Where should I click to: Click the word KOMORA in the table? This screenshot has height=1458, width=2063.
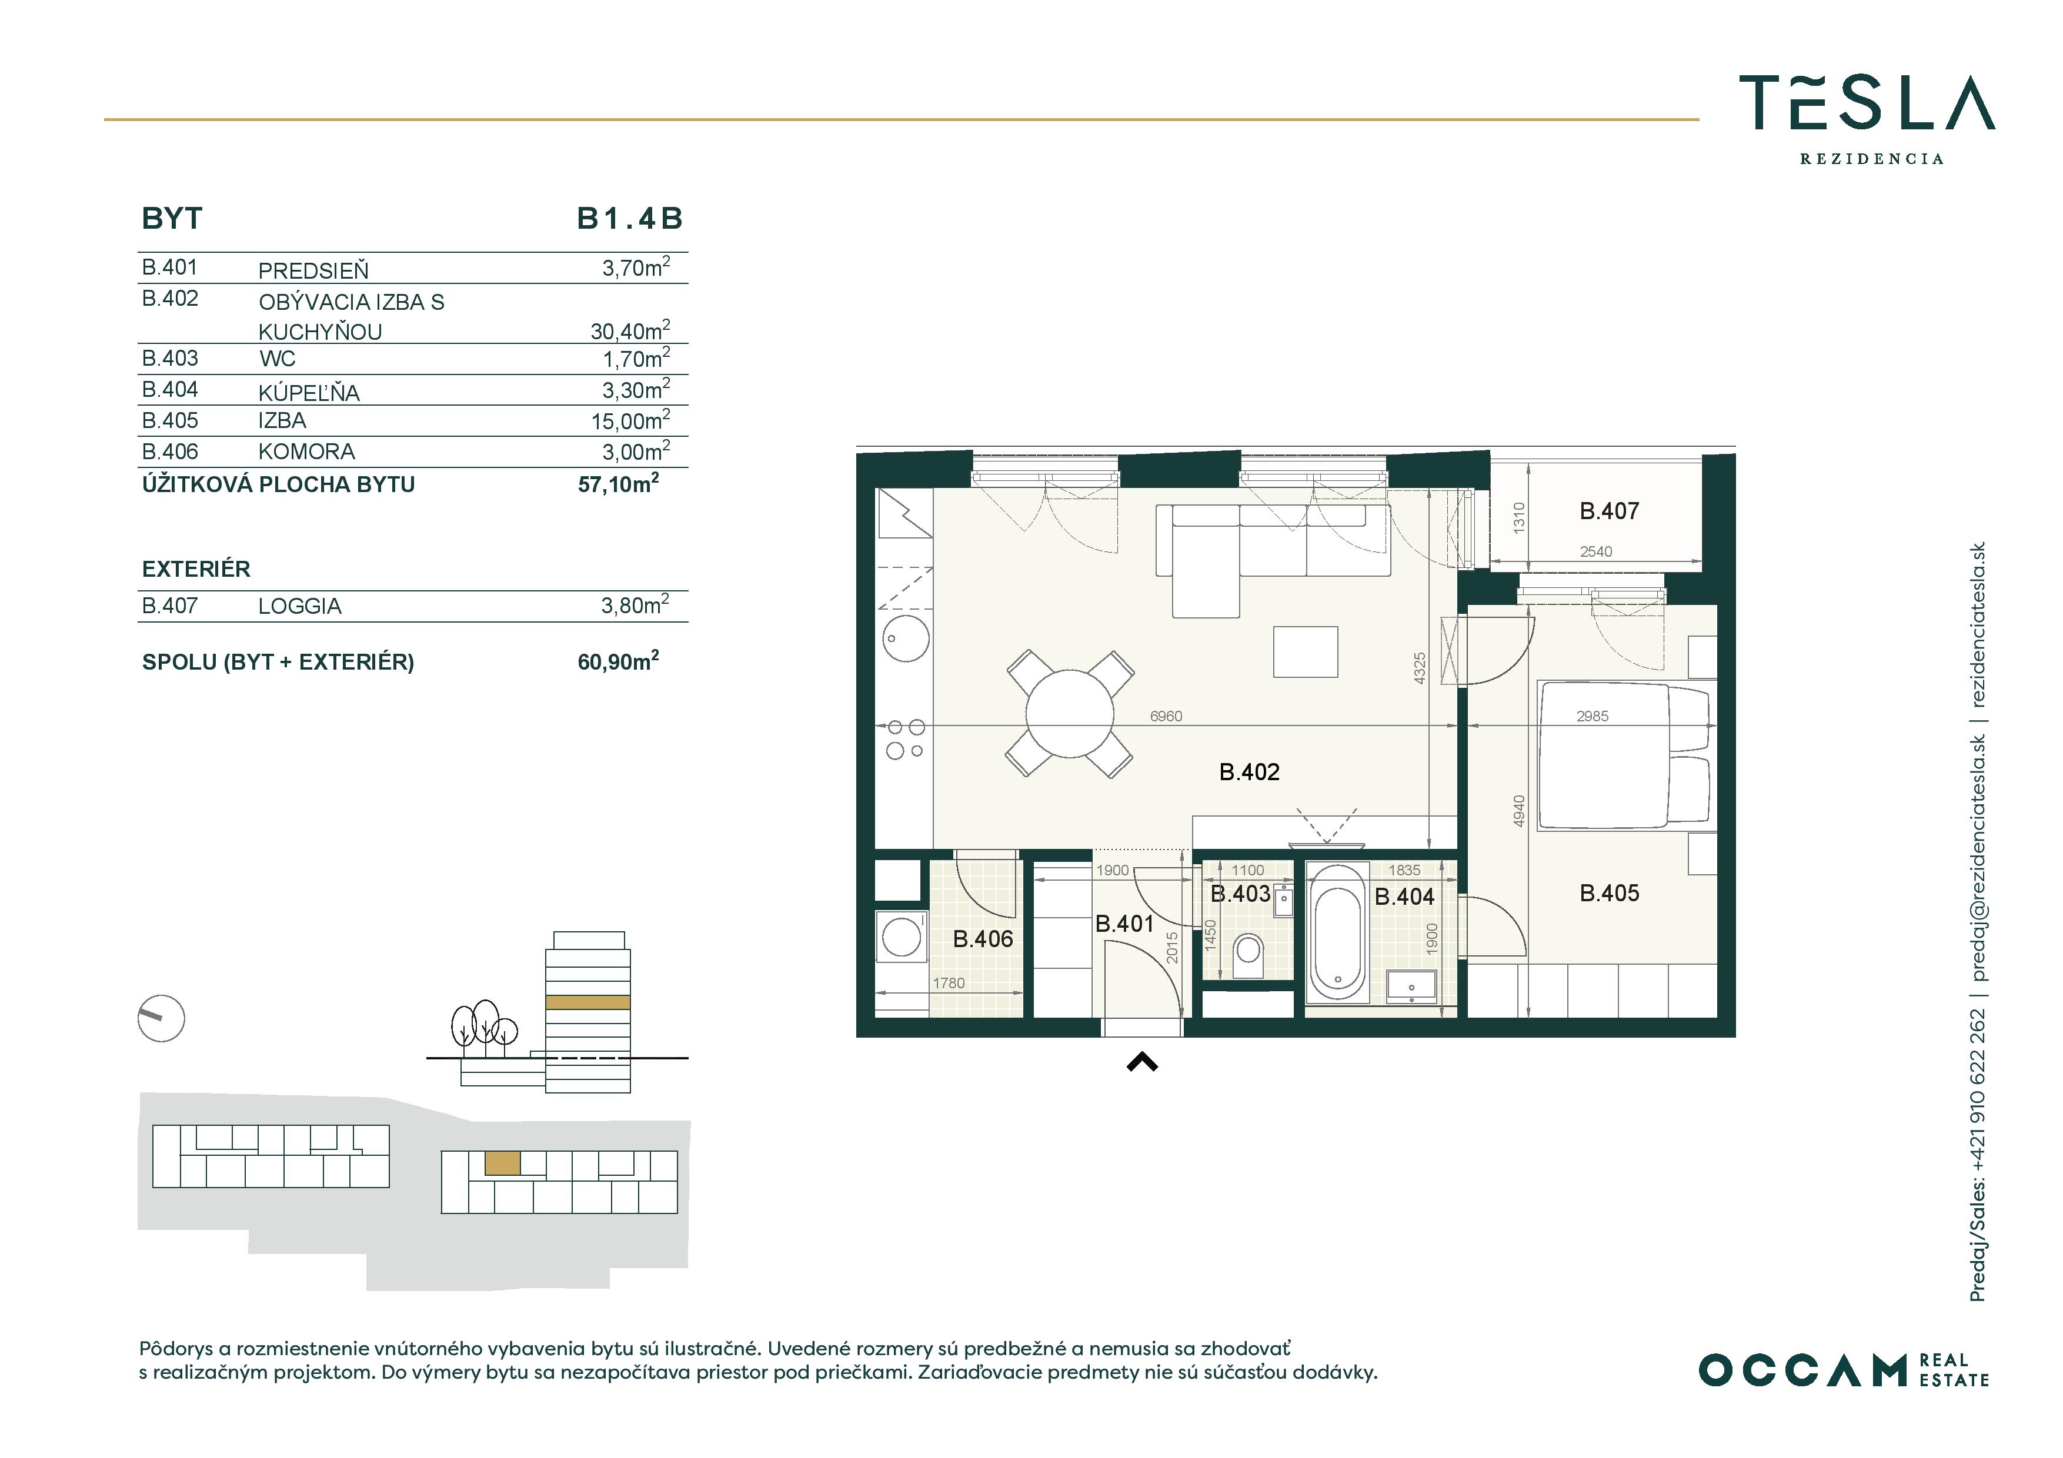[306, 452]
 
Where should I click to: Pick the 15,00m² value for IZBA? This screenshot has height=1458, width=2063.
[630, 420]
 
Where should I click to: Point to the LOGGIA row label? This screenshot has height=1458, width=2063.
[299, 606]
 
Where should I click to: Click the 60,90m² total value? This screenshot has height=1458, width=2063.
[618, 661]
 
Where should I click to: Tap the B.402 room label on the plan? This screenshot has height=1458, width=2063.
[1249, 772]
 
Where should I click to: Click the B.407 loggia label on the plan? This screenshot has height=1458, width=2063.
[1609, 511]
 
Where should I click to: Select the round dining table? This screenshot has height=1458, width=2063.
[1069, 713]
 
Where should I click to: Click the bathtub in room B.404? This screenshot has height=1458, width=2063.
[1337, 932]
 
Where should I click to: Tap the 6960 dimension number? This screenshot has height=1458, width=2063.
[1166, 716]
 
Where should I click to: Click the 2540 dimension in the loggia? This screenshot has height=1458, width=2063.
[1596, 551]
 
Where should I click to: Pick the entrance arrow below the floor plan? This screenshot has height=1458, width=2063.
[1142, 1063]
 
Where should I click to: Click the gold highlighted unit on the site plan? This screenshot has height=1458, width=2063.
[502, 1163]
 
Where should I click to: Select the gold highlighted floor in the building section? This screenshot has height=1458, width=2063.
[587, 1002]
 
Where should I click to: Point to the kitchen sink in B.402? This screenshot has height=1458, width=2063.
[905, 638]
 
